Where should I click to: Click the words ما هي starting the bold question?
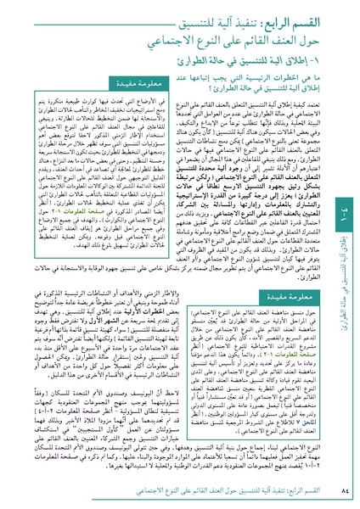click(308, 79)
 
